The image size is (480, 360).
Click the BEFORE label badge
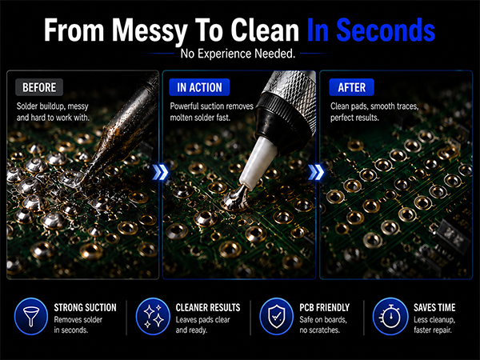coord(39,87)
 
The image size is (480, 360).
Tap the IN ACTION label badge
coord(199,87)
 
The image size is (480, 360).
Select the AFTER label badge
coord(351,87)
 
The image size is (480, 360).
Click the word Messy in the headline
coord(150,30)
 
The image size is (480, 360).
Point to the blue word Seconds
coord(386,30)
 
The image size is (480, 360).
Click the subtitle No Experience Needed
coord(238,54)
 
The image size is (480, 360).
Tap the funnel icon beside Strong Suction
coord(31,316)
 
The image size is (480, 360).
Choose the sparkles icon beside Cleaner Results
coord(153,316)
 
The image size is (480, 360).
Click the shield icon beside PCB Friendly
coord(277,316)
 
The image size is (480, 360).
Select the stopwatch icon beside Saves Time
coord(390,316)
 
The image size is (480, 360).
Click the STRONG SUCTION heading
coord(85,308)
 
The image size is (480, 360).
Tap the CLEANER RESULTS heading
coord(208,308)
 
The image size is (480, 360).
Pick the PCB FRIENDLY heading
coord(324,308)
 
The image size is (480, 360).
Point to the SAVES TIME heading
coord(434,308)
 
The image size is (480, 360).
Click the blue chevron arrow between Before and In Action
coord(161,172)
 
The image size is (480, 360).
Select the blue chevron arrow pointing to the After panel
coord(316,172)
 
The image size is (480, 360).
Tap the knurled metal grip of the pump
coord(292,92)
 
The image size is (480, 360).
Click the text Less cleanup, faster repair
coord(434,325)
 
